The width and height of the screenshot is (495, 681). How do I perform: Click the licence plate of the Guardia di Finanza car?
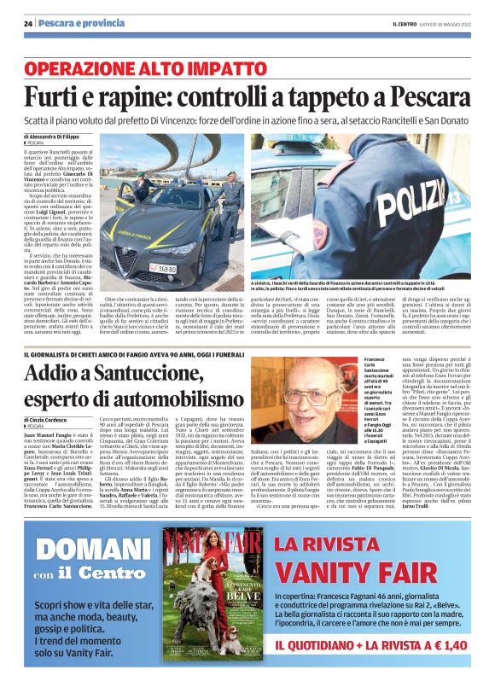pos(139,266)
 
